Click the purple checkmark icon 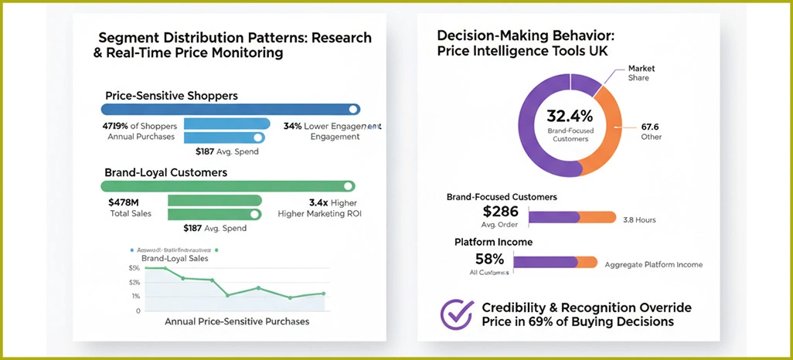(456, 314)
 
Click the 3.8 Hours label (639, 220)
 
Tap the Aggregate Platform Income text (654, 264)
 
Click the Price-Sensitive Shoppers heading (171, 96)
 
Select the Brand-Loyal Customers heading (165, 172)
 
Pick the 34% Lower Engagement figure (332, 126)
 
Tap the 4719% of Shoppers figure (140, 126)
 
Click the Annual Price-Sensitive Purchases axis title (237, 321)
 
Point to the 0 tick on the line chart (138, 311)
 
